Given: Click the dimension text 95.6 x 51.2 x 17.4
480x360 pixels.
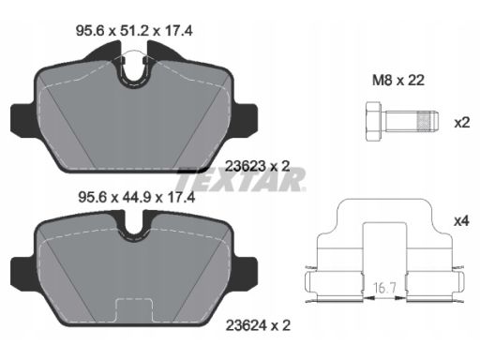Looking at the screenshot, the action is [x=134, y=31].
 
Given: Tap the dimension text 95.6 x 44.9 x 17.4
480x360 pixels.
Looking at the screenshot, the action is [x=137, y=198].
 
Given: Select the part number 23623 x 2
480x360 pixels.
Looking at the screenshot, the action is [x=258, y=166].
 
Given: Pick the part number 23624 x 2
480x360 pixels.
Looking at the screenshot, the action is [x=258, y=325].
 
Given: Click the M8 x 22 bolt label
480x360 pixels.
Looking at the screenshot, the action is [x=398, y=81].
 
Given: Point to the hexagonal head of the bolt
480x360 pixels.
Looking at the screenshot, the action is [x=373, y=121].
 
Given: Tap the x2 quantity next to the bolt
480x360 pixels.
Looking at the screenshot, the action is [x=462, y=123].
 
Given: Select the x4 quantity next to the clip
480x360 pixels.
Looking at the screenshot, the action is [x=462, y=221].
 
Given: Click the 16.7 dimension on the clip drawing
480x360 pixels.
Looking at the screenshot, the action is [x=384, y=288].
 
